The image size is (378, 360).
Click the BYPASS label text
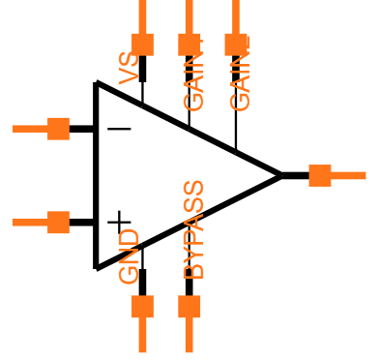194,230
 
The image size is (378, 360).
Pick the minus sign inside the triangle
119,129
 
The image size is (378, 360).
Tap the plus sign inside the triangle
119,223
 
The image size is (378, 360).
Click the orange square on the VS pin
142,45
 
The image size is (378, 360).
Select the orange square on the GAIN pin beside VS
189,45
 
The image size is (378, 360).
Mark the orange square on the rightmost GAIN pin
236,45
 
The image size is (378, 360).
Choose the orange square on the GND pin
142,307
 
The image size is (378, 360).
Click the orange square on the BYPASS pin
189,307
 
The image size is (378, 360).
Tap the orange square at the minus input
58,129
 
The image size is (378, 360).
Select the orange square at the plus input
58,223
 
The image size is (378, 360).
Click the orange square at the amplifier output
319,175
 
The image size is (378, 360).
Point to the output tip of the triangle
280,175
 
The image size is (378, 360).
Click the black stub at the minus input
82,129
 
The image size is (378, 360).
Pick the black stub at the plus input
82,223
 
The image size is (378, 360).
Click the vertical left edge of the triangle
96,174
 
